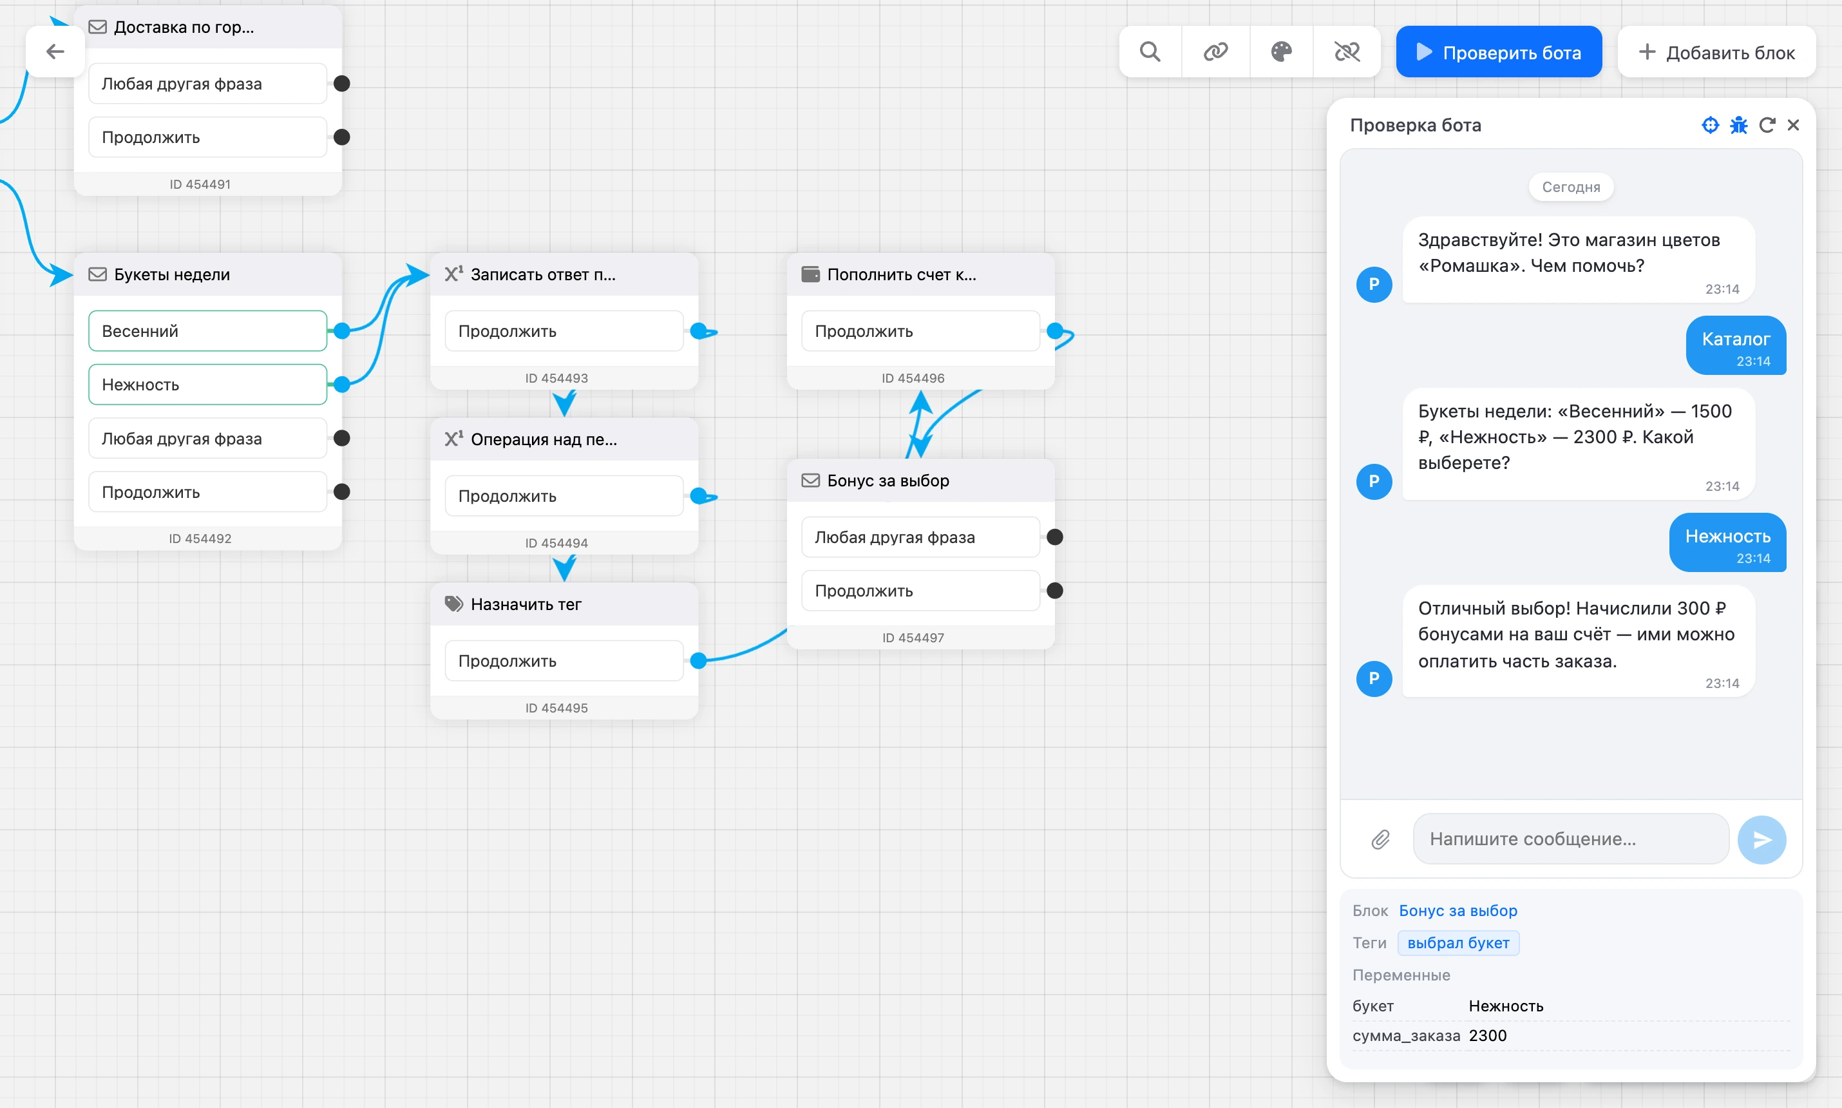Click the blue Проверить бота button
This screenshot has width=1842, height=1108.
[x=1498, y=52]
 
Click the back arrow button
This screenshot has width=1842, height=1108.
[x=55, y=52]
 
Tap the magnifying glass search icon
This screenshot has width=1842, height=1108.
[x=1150, y=52]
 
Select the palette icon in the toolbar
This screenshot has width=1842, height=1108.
[x=1282, y=52]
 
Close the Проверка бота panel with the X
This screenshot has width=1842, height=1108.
[x=1794, y=125]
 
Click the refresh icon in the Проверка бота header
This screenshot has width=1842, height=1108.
[x=1767, y=125]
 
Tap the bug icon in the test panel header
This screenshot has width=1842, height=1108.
[x=1738, y=125]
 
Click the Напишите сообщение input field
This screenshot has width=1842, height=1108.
[x=1570, y=839]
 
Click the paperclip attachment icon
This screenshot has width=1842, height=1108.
[x=1381, y=839]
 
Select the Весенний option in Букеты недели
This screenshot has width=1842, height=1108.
[x=207, y=330]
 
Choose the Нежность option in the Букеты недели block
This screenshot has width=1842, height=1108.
[x=207, y=385]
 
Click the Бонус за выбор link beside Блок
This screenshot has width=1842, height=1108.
[x=1457, y=910]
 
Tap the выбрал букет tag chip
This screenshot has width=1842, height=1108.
[x=1458, y=943]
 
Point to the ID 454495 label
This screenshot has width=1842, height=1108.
[x=556, y=708]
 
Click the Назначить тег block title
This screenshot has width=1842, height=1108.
[x=526, y=604]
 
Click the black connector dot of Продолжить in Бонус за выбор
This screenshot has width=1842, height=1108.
[x=1054, y=591]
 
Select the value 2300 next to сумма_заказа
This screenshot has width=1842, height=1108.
[x=1488, y=1036]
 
